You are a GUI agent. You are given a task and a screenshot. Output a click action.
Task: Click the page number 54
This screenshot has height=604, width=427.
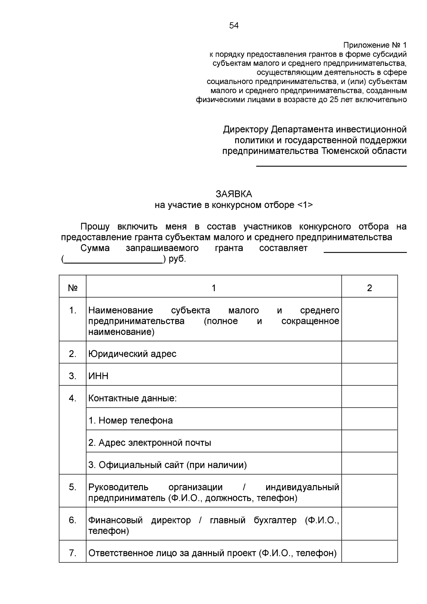234,26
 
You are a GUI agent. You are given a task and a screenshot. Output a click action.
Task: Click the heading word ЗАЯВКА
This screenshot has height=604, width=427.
234,194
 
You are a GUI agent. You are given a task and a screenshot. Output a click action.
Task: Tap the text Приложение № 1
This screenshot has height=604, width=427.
375,45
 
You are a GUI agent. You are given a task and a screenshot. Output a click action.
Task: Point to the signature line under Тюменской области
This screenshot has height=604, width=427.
331,166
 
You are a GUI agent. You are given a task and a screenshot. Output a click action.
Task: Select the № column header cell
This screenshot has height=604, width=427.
73,288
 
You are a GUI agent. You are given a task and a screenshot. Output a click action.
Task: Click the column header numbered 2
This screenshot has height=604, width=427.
369,288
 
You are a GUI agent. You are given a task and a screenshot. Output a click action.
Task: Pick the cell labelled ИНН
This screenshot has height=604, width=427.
99,376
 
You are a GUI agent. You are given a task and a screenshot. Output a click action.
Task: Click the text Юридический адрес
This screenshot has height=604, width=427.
132,354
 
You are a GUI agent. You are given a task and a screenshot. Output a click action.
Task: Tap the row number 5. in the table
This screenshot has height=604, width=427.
73,487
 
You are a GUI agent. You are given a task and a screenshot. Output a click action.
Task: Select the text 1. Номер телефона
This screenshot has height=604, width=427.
131,420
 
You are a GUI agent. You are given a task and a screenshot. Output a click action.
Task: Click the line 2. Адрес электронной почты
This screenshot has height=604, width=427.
150,443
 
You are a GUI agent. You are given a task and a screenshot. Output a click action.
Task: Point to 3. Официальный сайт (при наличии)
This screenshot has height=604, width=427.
168,465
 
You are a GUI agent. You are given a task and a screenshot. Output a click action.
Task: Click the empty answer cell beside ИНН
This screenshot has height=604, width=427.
369,374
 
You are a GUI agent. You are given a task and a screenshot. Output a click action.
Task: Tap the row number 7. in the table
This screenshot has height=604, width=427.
73,553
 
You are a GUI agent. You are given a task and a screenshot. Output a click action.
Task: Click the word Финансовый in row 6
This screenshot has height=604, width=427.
115,520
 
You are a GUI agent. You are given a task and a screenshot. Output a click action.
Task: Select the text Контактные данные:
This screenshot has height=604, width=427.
132,398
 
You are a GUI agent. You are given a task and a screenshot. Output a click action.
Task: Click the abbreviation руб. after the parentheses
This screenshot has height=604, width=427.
177,259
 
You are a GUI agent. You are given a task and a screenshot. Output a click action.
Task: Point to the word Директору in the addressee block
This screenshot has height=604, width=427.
245,129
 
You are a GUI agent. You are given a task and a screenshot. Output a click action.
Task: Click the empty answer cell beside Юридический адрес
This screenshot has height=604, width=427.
369,352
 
